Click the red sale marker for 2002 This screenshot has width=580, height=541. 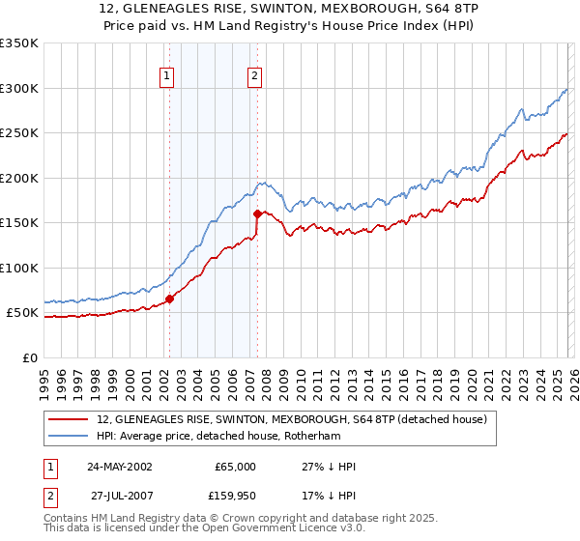point(169,299)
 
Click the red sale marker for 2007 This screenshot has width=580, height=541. point(257,214)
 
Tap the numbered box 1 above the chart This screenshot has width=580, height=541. point(167,76)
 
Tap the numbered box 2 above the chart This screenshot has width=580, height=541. point(254,76)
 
